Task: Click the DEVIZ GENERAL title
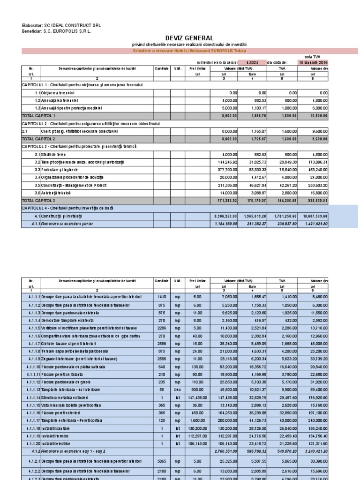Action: (x=189, y=38)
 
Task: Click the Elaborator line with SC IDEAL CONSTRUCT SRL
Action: (x=61, y=25)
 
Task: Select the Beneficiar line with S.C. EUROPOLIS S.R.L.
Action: (x=57, y=31)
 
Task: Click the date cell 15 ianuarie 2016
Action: (x=313, y=62)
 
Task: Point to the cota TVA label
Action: (x=312, y=56)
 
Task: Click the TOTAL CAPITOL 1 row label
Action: (x=39, y=115)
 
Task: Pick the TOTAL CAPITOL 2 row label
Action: (x=39, y=139)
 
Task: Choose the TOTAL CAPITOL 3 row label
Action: (x=39, y=200)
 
